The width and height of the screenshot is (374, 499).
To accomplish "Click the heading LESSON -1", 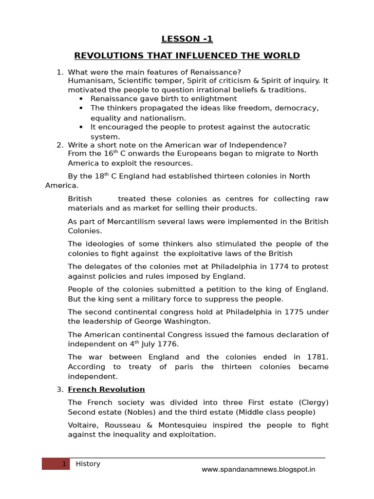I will pyautogui.click(x=187, y=39).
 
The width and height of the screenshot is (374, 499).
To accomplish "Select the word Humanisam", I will pyautogui.click(x=88, y=81).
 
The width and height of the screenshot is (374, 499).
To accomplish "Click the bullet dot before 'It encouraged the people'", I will pyautogui.click(x=80, y=127).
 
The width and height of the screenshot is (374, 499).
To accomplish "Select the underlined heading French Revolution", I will pyautogui.click(x=106, y=389).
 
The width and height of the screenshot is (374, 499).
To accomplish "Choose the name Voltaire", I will pyautogui.click(x=83, y=425).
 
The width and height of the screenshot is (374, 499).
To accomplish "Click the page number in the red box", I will pyautogui.click(x=63, y=464).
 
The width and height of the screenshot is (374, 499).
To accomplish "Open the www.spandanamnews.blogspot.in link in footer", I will pyautogui.click(x=259, y=470).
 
